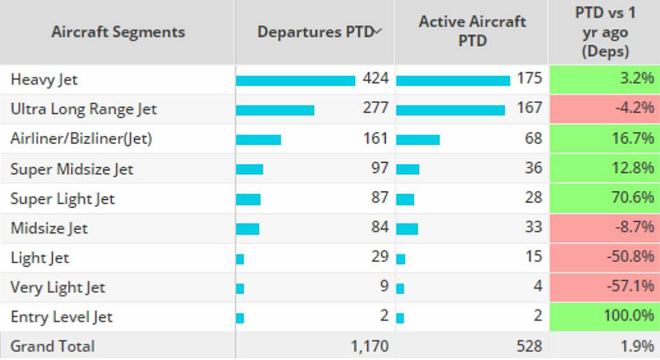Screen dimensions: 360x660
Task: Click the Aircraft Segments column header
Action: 118,31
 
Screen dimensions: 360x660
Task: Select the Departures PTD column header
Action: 315,32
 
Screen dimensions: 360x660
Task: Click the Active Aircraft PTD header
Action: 473,31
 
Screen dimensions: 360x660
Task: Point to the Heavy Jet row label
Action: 44,80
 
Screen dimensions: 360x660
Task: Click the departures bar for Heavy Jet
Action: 295,80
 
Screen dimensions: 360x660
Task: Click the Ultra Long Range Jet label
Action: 83,110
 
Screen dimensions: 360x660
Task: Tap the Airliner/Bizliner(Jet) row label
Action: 81,138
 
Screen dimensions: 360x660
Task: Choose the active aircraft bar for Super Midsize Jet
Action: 408,169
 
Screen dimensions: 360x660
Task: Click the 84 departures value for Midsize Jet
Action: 379,227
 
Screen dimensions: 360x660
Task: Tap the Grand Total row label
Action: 53,347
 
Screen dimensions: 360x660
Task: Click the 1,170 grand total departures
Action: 370,347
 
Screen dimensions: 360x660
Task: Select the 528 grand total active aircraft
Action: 529,347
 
